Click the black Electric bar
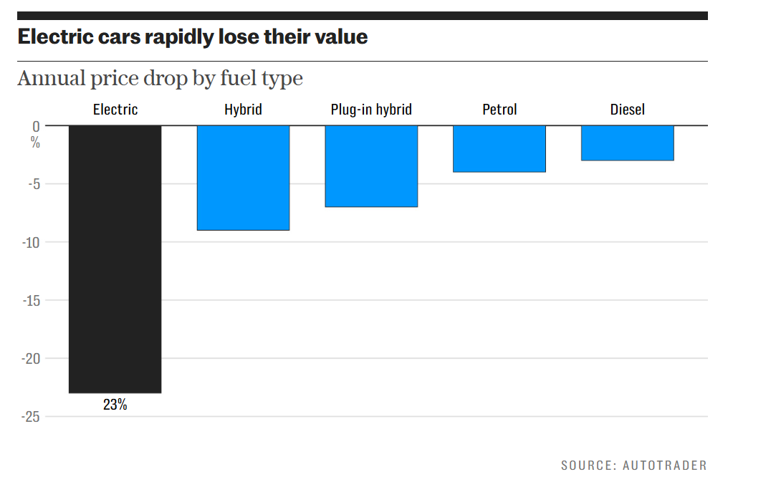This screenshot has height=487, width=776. pos(115,259)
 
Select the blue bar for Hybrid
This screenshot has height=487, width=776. pos(243,178)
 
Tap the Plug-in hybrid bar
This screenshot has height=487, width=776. pos(371,166)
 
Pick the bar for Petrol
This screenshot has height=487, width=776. pos(499,149)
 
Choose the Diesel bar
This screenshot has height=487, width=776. pos(628,143)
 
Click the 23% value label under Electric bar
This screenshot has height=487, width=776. pos(115,405)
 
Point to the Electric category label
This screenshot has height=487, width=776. pos(115,110)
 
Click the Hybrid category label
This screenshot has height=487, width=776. pos(243,110)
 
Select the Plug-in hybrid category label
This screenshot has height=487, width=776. pos(371,110)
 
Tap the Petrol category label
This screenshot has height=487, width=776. pos(499,110)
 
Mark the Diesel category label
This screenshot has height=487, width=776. pos(628,110)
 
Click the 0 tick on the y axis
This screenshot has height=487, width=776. pos(35,126)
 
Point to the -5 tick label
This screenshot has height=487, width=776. pos(32,184)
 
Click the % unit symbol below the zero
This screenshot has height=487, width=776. pos(35,142)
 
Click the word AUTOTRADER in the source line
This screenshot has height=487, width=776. pos(664,466)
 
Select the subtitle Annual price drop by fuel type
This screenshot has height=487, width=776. pos(160,78)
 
